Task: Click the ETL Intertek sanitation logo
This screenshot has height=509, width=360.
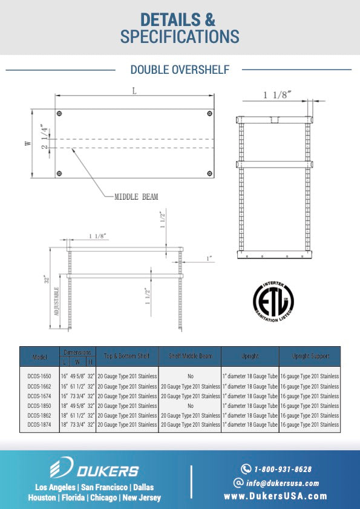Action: coord(272,300)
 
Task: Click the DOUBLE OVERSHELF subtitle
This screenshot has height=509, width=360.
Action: coord(180,70)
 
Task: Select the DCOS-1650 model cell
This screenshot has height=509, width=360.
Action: coord(39,376)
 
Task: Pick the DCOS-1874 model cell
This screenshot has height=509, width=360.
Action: coord(39,425)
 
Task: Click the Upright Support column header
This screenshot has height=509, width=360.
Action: coord(310,356)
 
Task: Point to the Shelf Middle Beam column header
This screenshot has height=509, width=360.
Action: coord(190,356)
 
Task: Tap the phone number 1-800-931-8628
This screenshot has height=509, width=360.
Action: coord(283,469)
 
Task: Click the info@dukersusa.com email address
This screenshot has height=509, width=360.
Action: coord(283,483)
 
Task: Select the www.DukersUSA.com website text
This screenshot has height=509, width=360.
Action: coord(275,496)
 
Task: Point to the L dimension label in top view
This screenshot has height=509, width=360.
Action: coord(134,90)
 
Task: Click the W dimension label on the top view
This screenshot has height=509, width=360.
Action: coord(27,143)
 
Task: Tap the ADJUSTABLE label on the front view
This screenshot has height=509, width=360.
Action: coord(57,303)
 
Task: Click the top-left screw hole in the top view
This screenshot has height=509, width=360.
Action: coord(59,114)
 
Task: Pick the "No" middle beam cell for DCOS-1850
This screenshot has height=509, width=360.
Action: coord(190,406)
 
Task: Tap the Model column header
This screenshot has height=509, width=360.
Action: coord(39,356)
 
